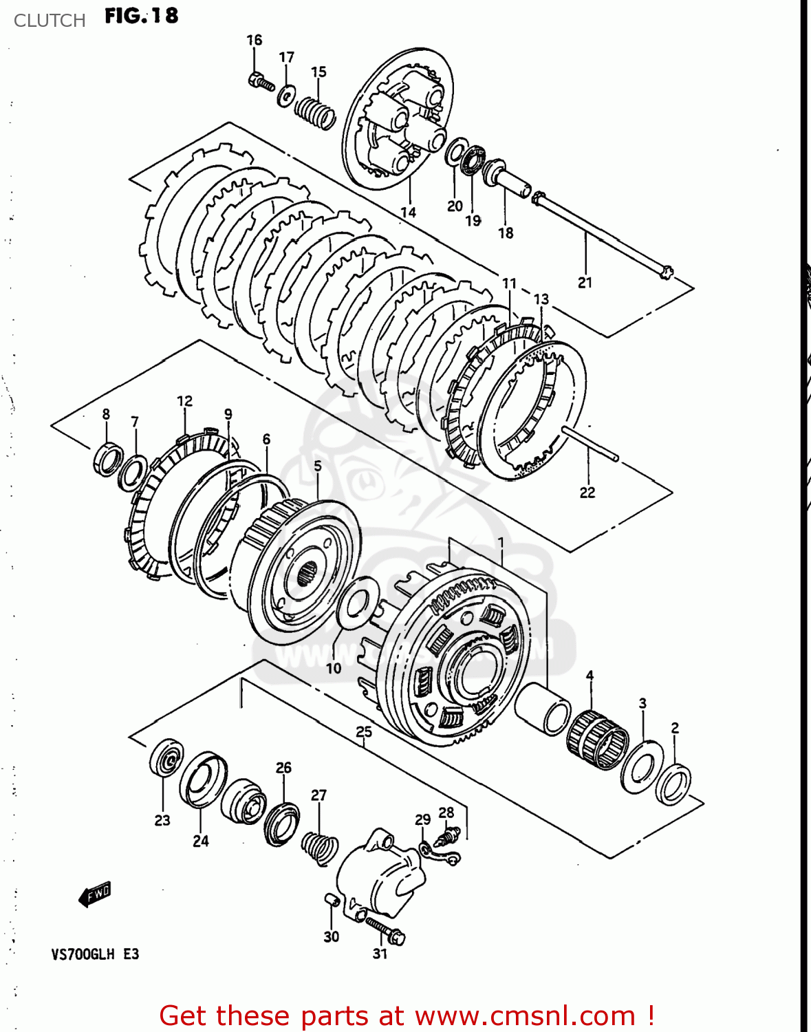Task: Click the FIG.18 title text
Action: tap(141, 16)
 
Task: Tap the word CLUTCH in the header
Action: tap(50, 21)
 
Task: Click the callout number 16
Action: tap(255, 40)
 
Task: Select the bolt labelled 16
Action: tap(260, 82)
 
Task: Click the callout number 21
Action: tap(585, 282)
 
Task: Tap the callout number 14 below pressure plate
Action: tap(408, 212)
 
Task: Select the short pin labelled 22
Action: tap(590, 444)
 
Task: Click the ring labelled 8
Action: tap(107, 460)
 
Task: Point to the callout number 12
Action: tap(184, 401)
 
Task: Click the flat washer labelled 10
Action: tap(355, 603)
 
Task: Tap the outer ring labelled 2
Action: tap(673, 785)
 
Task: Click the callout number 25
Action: tap(364, 731)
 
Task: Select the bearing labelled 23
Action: tap(166, 758)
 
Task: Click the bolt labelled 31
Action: tap(385, 929)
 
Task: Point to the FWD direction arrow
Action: tap(95, 894)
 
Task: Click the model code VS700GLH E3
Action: tap(95, 954)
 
